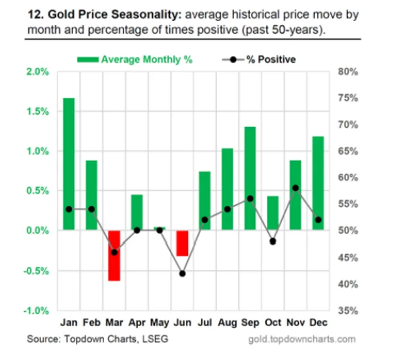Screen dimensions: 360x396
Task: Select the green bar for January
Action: pyautogui.click(x=69, y=164)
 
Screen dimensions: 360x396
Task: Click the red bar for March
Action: pyautogui.click(x=114, y=255)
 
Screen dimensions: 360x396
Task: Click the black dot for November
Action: pyautogui.click(x=295, y=188)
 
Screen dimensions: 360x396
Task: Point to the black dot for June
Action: pyautogui.click(x=182, y=274)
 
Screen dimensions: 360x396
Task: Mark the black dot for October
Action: pyautogui.click(x=273, y=241)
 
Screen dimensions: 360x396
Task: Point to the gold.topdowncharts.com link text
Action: pyautogui.click(x=302, y=339)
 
